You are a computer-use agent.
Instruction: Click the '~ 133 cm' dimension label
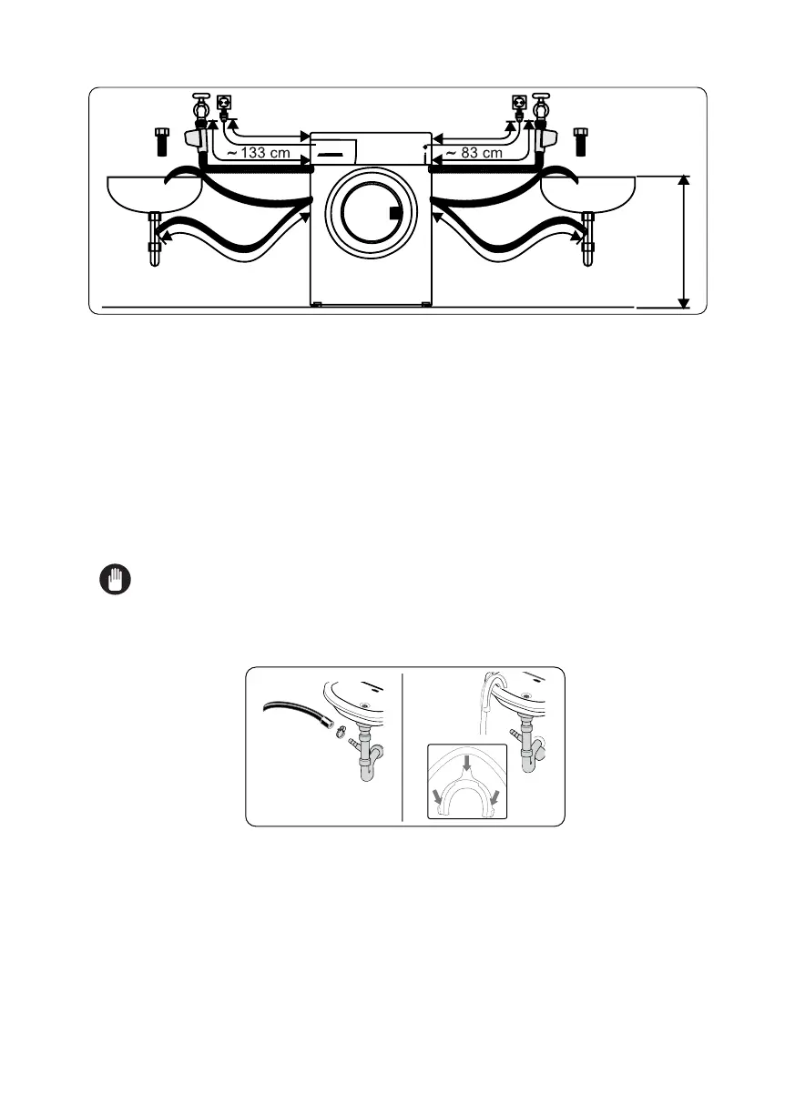coord(259,153)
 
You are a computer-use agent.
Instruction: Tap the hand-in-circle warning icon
coord(115,580)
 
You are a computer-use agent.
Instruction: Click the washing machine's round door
coord(368,213)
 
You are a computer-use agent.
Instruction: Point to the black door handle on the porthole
coord(394,214)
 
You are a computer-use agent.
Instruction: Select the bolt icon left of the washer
coord(163,142)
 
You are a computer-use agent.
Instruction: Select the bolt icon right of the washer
coord(580,142)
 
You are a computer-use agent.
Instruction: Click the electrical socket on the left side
coord(221,103)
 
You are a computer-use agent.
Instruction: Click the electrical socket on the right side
coord(520,103)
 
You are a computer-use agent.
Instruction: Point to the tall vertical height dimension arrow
coord(685,242)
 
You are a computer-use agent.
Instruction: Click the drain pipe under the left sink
coord(154,238)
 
